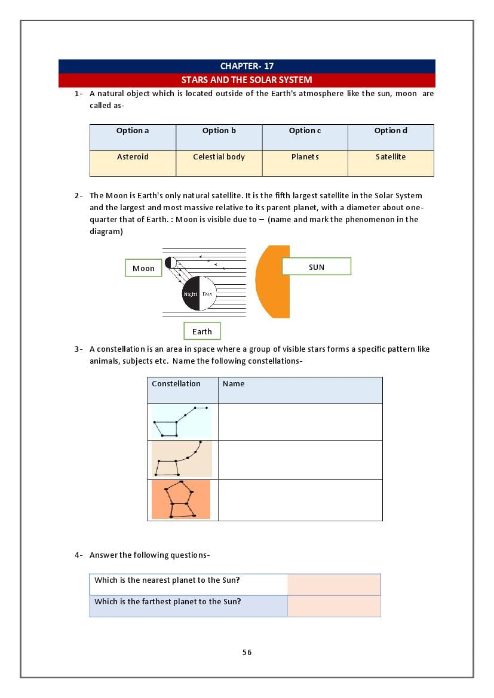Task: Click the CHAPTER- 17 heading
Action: (247, 66)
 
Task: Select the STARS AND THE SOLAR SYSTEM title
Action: (247, 80)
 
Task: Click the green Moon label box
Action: (143, 268)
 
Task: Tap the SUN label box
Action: (316, 267)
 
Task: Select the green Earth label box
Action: (202, 331)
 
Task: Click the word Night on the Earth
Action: (190, 294)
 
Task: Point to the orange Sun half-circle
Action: (274, 281)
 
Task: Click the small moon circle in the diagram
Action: (170, 263)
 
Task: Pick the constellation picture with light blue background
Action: (182, 422)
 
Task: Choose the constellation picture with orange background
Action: (181, 500)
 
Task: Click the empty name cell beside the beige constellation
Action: (300, 460)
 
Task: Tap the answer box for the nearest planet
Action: (334, 585)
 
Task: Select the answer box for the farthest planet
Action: (334, 606)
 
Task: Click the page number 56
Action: (247, 653)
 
